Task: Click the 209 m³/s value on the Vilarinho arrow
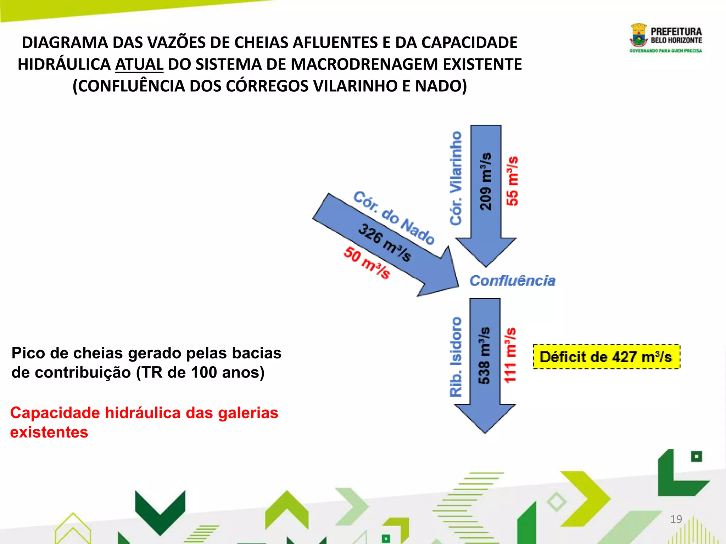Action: [x=485, y=182]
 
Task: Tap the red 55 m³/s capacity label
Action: [x=512, y=181]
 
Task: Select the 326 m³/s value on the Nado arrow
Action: [x=385, y=243]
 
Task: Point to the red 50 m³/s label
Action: [x=367, y=263]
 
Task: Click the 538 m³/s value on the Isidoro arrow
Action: [x=484, y=355]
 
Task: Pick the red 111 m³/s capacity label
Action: [x=510, y=355]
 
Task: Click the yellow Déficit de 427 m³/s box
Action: [x=606, y=357]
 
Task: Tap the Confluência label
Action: [x=512, y=280]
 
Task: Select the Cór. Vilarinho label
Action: [x=456, y=178]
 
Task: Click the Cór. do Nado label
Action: [x=394, y=217]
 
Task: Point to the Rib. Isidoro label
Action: [x=456, y=356]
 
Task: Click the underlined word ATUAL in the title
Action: [x=139, y=64]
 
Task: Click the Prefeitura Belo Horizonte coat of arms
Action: [x=639, y=35]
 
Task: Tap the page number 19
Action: [x=676, y=519]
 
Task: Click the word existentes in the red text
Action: [x=49, y=432]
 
